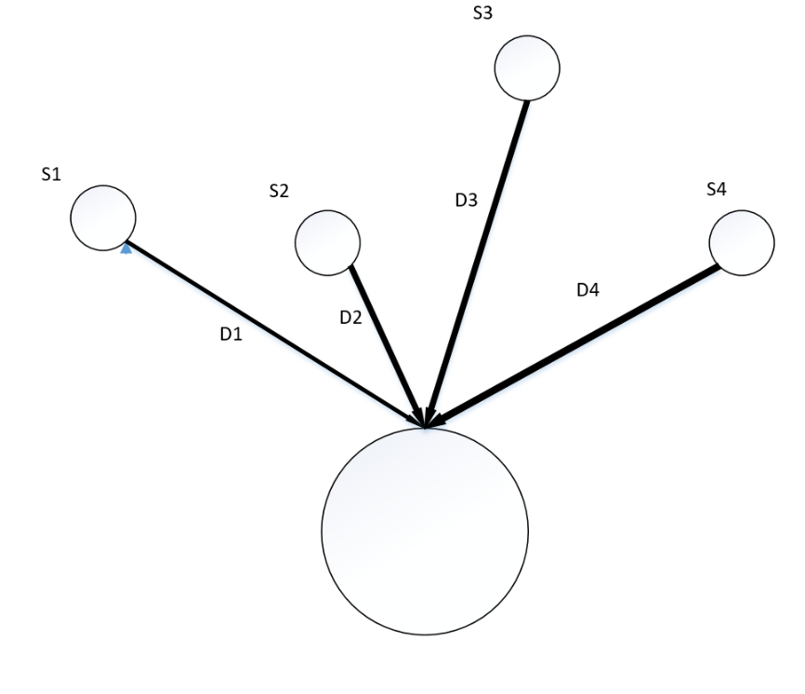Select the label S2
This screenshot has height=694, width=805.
pos(278,192)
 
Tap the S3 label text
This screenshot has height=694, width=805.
pos(482,14)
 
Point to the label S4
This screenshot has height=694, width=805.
pos(716,189)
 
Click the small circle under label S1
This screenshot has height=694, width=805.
pos(103,218)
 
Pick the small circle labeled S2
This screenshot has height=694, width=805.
pos(327,243)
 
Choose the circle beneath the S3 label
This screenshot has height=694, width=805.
pos(527,69)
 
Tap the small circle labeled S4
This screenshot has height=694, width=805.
pos(741,244)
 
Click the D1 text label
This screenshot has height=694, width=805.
pos(231,335)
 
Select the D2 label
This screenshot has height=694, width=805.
pos(350,316)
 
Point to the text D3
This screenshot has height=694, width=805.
pos(466,200)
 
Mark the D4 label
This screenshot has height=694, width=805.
pos(587,290)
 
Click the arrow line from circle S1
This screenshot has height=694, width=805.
pos(270,331)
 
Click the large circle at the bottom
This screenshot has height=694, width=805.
pos(425,530)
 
